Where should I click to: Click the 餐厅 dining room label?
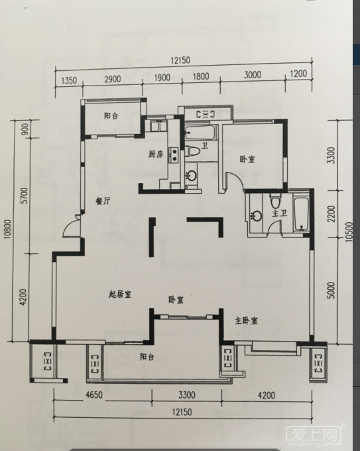pos(103,201)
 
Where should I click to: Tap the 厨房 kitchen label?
pos(156,155)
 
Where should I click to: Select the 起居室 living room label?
pos(120,294)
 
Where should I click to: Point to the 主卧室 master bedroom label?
pos(246,320)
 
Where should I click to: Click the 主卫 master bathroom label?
pos(280,214)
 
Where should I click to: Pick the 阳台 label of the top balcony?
pos(111,116)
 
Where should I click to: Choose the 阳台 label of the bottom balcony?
pos(147,357)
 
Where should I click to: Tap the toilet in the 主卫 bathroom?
pos(275,201)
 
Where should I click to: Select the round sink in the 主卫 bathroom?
pos(256,216)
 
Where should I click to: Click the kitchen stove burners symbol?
pos(174,154)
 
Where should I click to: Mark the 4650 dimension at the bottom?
pos(94,395)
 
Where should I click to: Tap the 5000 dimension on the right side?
pos(331,290)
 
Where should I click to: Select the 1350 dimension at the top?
pos(69,80)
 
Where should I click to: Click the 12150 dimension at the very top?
pos(180,60)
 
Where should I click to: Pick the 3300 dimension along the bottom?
pos(186,395)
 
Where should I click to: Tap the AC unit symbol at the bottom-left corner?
pos(48,361)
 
